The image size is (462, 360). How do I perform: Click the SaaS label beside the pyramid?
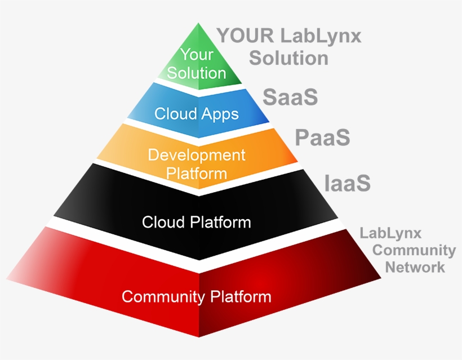tap(290, 97)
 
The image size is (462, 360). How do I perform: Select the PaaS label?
tap(323, 137)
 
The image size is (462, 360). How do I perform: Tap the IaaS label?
tap(348, 183)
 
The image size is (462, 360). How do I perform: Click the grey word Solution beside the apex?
tap(288, 58)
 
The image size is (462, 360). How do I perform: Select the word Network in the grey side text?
tap(415, 266)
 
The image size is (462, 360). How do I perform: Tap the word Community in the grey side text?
tap(414, 250)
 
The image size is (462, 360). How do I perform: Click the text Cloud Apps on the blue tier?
tap(197, 114)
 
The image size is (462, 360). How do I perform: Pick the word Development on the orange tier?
tap(197, 155)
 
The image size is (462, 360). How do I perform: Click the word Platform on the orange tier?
tap(197, 172)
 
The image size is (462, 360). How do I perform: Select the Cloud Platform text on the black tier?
tap(197, 222)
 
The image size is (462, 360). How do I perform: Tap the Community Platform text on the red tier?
tap(197, 296)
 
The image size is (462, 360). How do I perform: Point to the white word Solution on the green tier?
tap(197, 73)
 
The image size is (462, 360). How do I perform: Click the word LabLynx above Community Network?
tap(390, 233)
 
